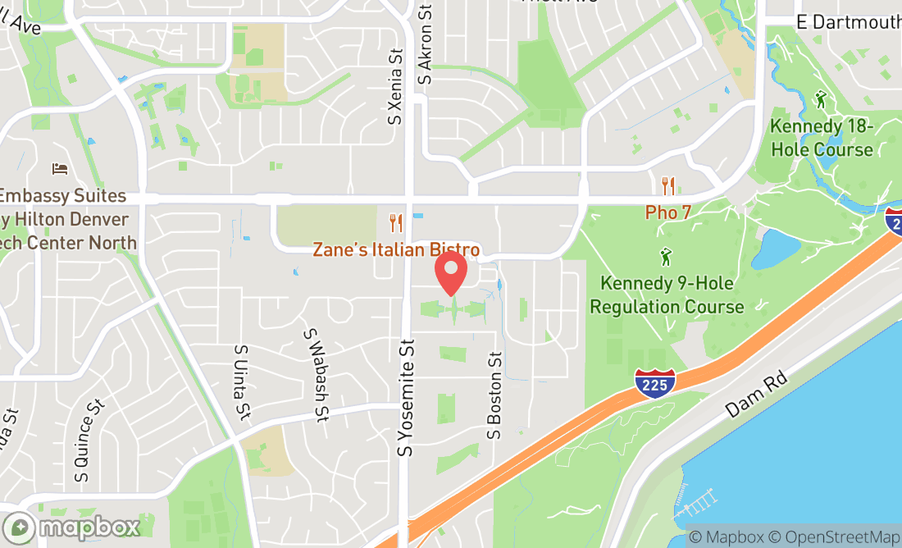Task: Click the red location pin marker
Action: [451, 275]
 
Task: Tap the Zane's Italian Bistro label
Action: [396, 249]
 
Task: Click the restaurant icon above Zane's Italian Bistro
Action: [396, 222]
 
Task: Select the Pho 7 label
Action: [668, 212]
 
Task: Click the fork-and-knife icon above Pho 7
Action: [669, 185]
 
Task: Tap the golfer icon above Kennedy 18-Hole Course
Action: [821, 100]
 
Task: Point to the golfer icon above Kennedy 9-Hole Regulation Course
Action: [666, 258]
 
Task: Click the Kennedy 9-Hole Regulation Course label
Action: [667, 295]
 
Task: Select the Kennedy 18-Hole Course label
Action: [821, 139]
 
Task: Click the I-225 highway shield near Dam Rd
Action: [655, 383]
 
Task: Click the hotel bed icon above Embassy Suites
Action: [60, 168]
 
